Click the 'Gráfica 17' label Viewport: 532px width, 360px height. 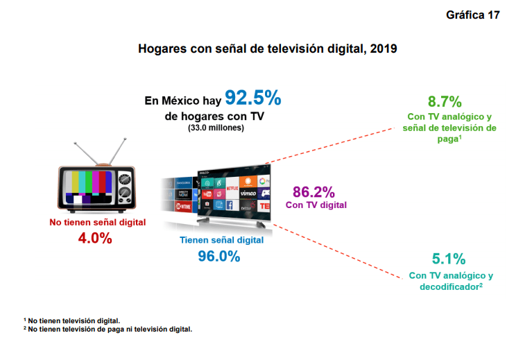[473, 15]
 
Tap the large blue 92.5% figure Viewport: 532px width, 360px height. [252, 98]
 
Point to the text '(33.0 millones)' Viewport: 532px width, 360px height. [216, 128]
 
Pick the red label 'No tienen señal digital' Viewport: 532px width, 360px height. [97, 223]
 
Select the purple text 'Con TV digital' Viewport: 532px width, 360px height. [316, 205]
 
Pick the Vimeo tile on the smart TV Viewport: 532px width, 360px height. [248, 193]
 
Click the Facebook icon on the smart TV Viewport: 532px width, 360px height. [230, 205]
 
